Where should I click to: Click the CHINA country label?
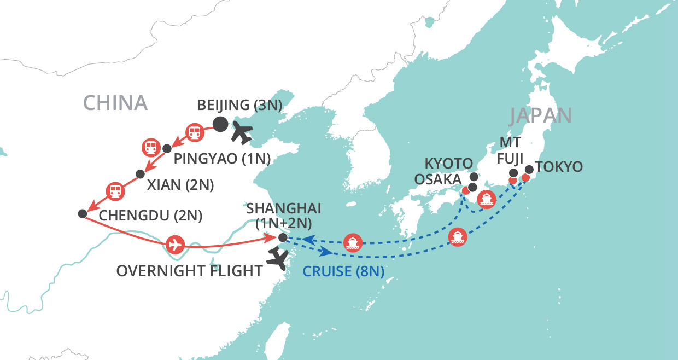tap(115, 103)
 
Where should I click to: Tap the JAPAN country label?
tap(541, 116)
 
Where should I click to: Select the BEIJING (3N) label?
tap(239, 105)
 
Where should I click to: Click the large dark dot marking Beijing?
tap(220, 125)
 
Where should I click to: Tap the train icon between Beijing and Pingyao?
tap(194, 131)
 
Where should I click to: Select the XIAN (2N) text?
tap(180, 184)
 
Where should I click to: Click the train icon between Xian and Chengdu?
tap(115, 190)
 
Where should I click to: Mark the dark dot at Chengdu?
tap(83, 213)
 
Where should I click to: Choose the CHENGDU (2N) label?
tap(150, 216)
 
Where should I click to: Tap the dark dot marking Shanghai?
tap(282, 237)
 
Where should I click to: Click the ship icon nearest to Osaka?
tap(486, 199)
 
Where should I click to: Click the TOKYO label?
tap(559, 166)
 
